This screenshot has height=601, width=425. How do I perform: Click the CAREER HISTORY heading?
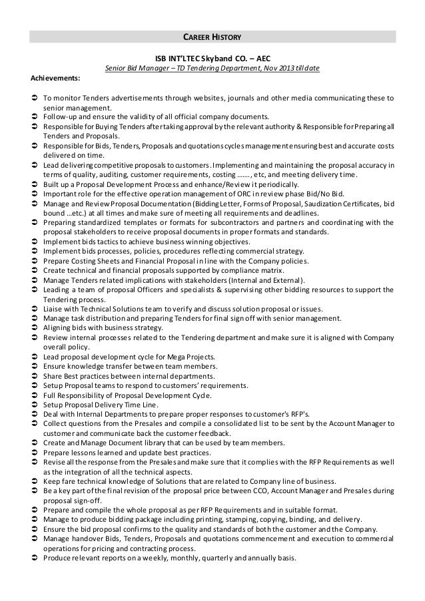tap(212, 36)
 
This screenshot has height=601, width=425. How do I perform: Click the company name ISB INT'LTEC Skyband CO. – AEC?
tap(212, 58)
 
